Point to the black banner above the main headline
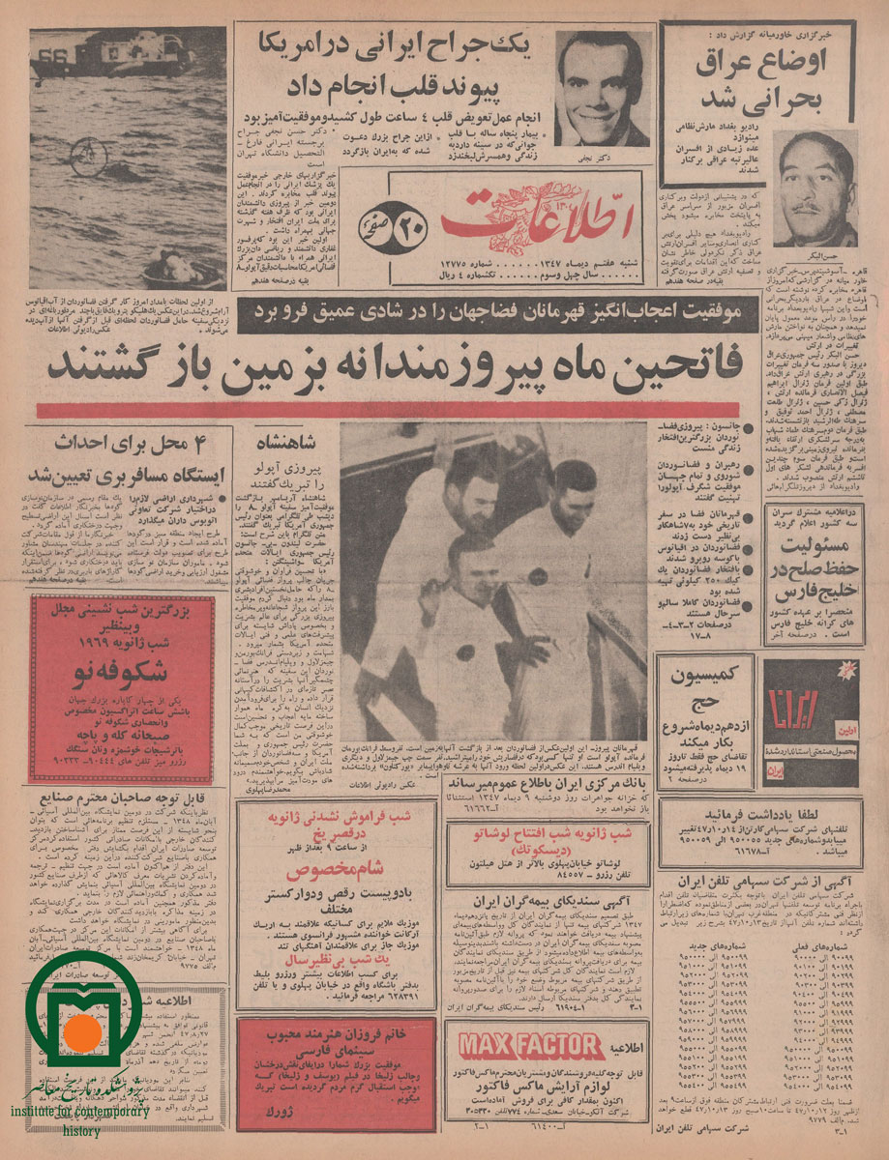tap(493, 311)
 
